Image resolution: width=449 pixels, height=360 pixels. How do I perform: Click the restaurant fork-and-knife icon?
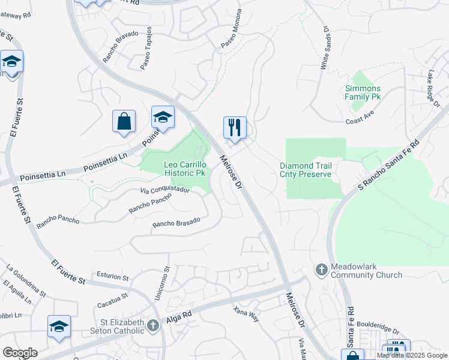point(235,127)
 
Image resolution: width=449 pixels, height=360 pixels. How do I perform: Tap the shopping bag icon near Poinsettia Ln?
point(124,121)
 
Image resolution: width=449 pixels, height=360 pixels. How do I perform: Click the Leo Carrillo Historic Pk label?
point(185,169)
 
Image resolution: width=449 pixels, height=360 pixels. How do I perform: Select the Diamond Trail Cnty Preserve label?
point(306,170)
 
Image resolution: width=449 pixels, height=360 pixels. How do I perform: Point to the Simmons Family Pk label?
point(363,92)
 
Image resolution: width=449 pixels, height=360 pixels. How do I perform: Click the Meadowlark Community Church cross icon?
point(321,270)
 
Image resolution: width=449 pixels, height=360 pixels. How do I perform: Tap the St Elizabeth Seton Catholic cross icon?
point(153,325)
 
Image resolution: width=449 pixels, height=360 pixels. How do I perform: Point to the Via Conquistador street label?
point(165,191)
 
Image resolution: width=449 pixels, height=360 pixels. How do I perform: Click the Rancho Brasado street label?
point(176,223)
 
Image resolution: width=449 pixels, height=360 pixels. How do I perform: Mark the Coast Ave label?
point(360,121)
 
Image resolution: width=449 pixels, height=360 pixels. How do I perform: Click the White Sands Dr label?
point(325,47)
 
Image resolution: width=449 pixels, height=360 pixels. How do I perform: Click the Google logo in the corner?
point(20,353)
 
